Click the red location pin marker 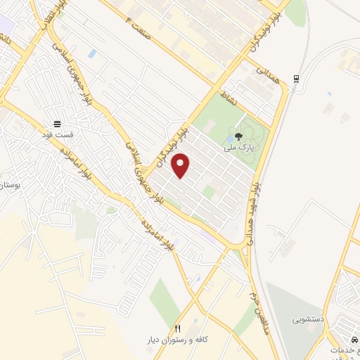click(x=181, y=166)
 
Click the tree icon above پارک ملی click(x=239, y=137)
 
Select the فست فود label click(x=56, y=133)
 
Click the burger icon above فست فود click(x=56, y=122)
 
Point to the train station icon click(x=295, y=78)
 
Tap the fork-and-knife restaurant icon click(x=178, y=328)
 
